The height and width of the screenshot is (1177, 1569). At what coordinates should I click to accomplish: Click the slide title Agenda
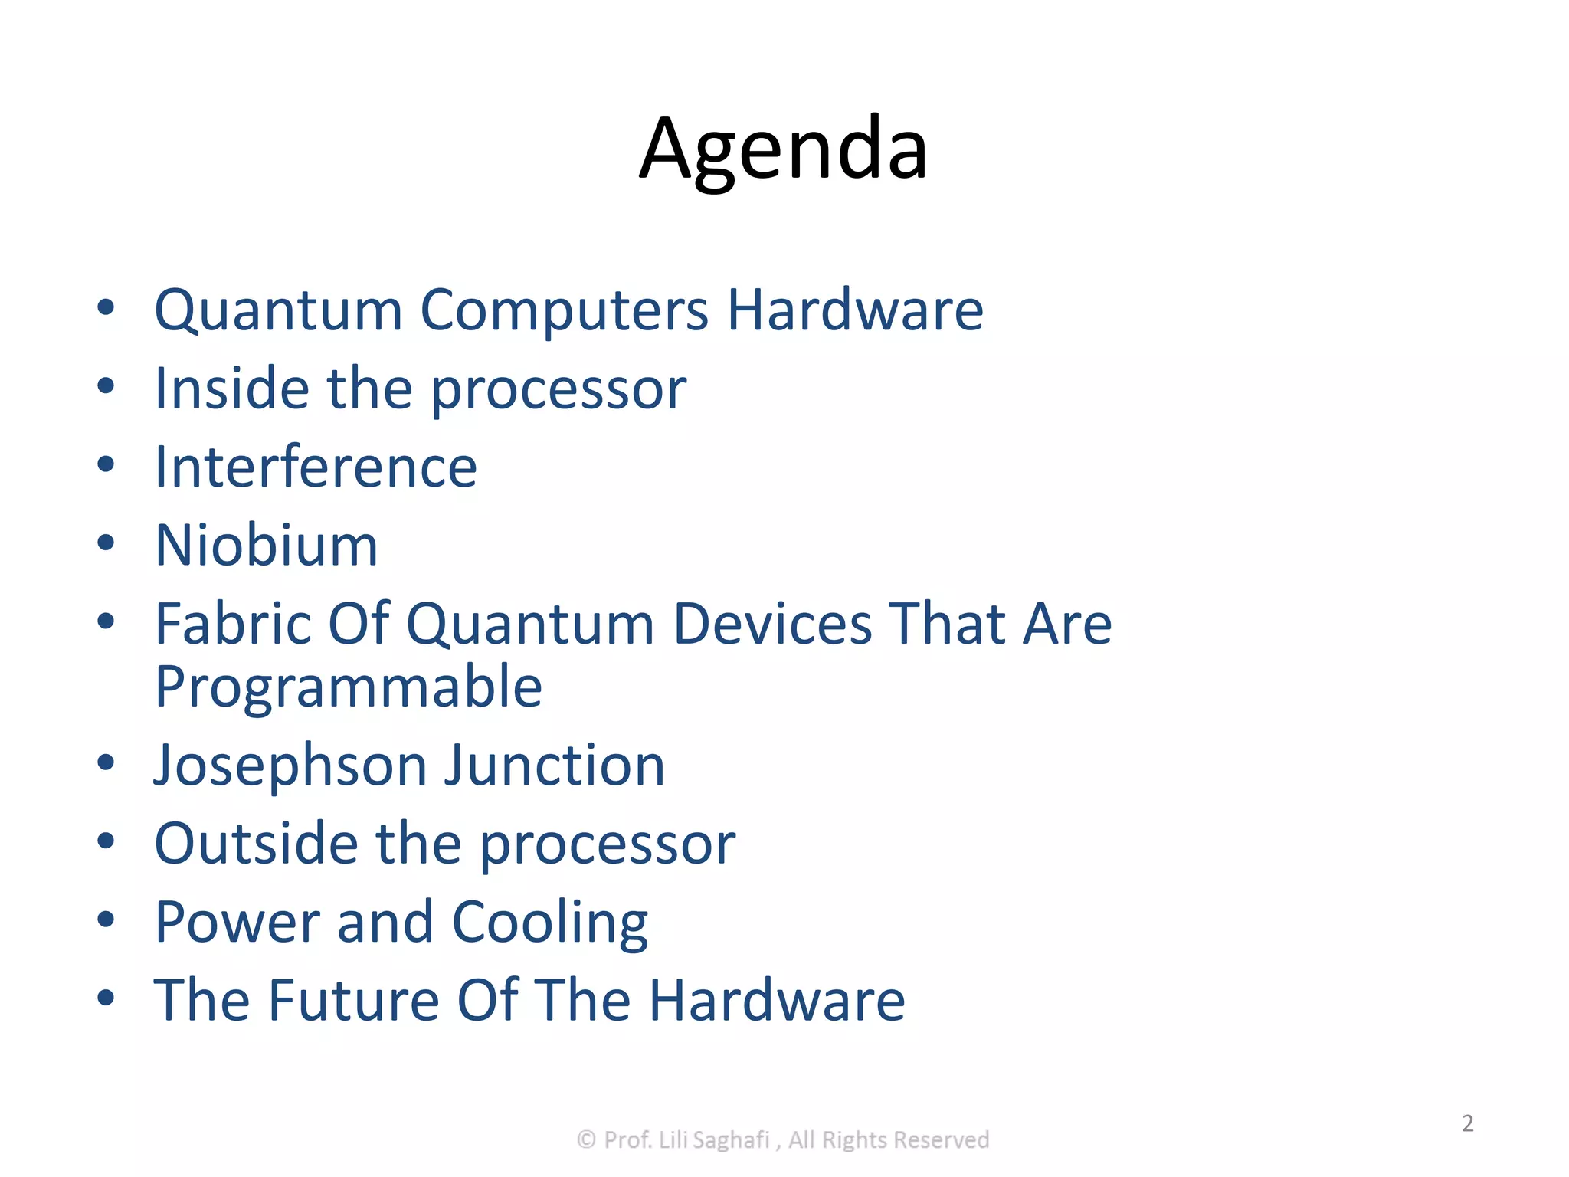(x=784, y=149)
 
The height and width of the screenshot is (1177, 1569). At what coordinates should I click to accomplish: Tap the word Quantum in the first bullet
(x=278, y=310)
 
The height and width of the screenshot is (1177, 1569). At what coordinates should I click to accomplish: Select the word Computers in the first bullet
(x=565, y=310)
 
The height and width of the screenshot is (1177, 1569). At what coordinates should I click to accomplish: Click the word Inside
(x=231, y=389)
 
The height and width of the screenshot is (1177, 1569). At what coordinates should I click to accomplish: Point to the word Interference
(x=316, y=467)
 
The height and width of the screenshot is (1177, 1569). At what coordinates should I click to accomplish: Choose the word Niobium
(x=267, y=546)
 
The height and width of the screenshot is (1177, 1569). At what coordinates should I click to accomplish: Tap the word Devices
(x=772, y=624)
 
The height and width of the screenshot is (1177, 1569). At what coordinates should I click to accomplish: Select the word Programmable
(x=349, y=687)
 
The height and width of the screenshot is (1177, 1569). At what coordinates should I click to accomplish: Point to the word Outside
(x=256, y=844)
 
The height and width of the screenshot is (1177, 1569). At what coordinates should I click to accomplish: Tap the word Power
(x=237, y=922)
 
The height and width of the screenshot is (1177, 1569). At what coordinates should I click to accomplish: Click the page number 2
(x=1468, y=1123)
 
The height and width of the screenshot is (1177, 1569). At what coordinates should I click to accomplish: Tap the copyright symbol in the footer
(x=586, y=1139)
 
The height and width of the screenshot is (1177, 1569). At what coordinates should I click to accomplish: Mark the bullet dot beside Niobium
(x=106, y=543)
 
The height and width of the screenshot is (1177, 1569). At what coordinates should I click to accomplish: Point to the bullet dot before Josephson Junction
(x=106, y=762)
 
